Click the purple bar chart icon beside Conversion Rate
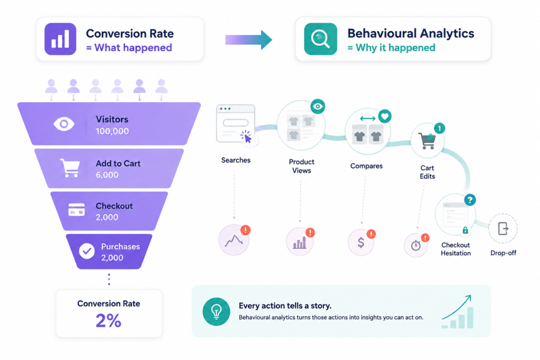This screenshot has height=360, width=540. coord(60,39)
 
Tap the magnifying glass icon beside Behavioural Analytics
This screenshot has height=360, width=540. coord(320,39)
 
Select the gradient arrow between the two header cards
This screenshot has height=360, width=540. coord(249,40)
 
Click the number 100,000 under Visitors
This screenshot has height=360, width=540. coord(112,131)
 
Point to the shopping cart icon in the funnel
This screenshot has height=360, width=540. coord(70,168)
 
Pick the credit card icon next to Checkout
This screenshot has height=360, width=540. coord(76,210)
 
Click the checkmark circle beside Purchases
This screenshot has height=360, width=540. coord(87,251)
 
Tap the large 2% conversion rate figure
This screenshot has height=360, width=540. coord(109,321)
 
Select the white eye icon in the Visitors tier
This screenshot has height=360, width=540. coord(64,124)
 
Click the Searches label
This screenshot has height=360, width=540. coord(236,160)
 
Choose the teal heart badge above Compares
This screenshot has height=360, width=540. coord(384,116)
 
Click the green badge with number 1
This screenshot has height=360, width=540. coord(439,129)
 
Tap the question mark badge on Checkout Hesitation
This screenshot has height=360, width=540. coord(470,200)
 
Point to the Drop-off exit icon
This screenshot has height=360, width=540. coord(503,229)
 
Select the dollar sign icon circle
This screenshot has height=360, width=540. coord(361,242)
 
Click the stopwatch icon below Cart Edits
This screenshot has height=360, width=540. coord(416,245)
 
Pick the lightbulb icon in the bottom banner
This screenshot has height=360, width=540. coord(216,312)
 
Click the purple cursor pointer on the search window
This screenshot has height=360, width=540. coord(247,137)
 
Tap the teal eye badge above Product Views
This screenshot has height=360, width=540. coord(317,106)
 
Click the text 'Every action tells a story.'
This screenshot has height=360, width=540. coord(285,306)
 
